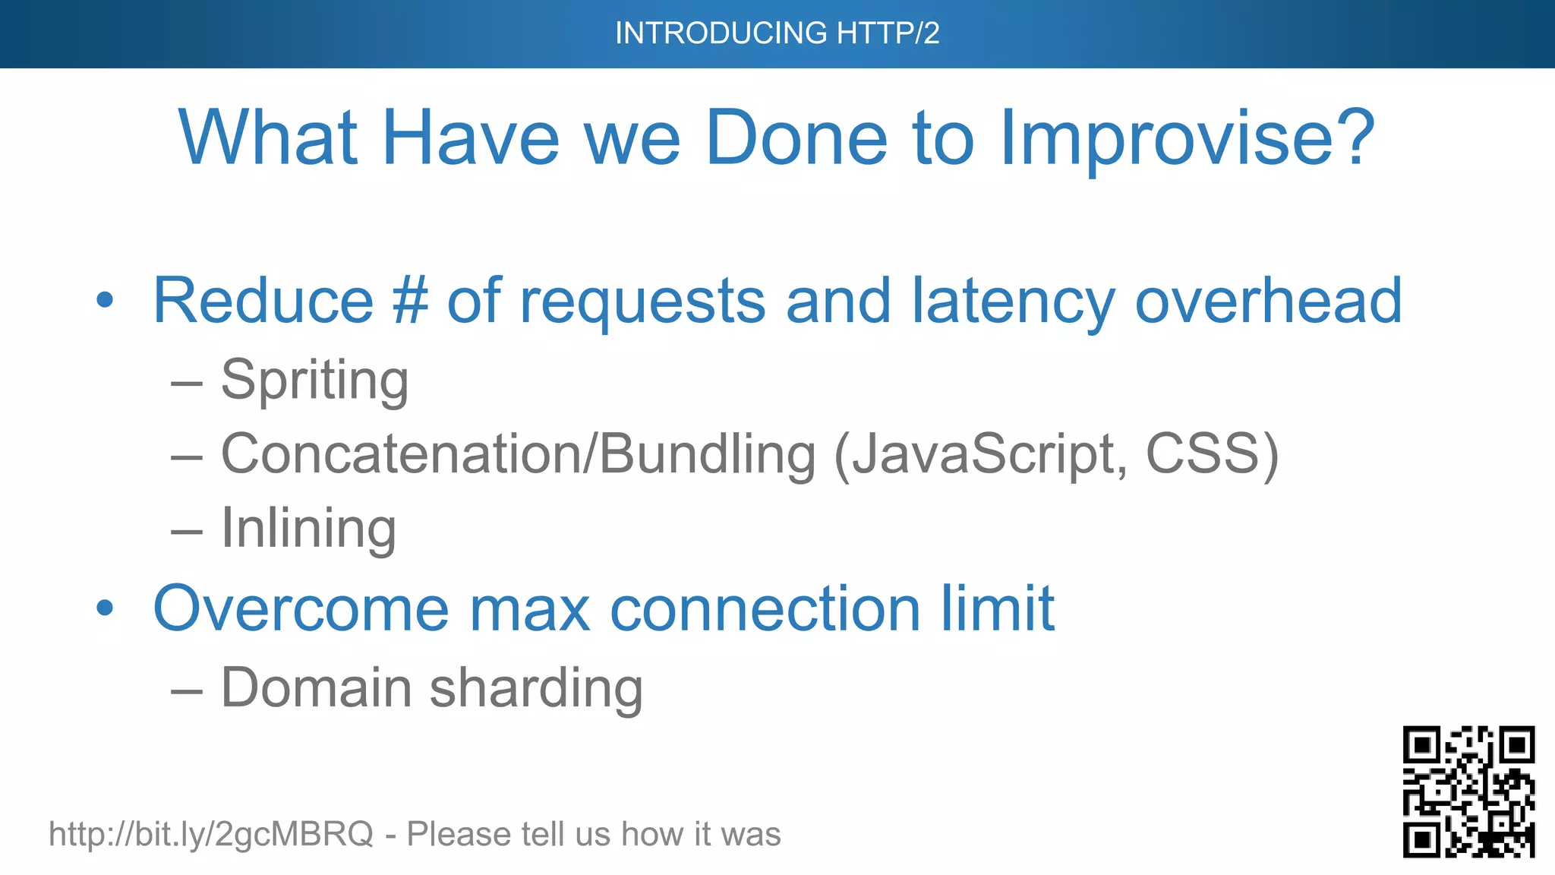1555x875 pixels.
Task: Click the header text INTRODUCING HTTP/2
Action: (777, 33)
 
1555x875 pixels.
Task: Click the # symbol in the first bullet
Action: (410, 301)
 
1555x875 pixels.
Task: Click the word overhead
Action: (1268, 301)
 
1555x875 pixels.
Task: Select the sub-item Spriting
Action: (314, 380)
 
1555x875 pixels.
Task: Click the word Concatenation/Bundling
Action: (518, 454)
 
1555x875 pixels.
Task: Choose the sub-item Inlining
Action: (308, 528)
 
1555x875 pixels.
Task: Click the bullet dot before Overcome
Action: (105, 608)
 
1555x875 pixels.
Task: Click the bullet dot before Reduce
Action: (105, 301)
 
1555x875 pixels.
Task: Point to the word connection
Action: (765, 609)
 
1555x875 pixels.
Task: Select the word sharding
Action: (536, 688)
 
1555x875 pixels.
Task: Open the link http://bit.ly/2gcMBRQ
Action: (211, 834)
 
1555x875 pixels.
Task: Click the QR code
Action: (1468, 791)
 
